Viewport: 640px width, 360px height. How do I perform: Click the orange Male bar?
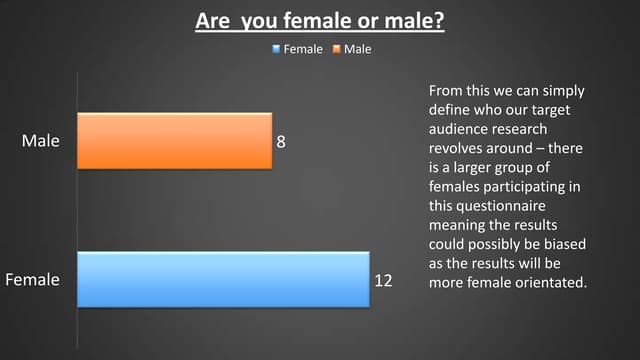click(174, 141)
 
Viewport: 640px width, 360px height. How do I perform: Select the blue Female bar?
click(223, 280)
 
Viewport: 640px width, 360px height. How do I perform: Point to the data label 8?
click(281, 142)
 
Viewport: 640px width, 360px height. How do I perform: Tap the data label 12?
click(383, 281)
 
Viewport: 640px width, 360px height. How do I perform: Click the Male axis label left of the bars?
click(40, 141)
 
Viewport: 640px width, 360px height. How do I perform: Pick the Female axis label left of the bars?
click(32, 280)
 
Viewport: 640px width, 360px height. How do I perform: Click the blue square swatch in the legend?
click(277, 49)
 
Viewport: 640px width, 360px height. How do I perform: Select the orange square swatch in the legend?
click(337, 49)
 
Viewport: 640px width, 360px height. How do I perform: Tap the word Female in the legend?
click(303, 49)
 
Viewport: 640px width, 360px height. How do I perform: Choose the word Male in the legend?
click(357, 49)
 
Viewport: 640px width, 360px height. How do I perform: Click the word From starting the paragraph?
click(447, 91)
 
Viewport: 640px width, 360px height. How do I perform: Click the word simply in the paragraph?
click(563, 91)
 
